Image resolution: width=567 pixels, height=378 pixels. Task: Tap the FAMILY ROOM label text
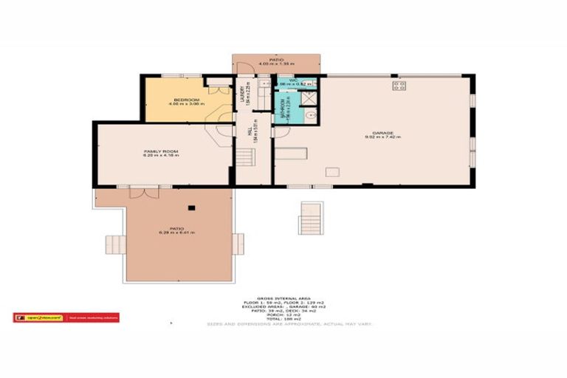pyautogui.click(x=162, y=153)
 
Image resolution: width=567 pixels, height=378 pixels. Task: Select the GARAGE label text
pyautogui.click(x=376, y=135)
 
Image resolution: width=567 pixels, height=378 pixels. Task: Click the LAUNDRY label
pyautogui.click(x=242, y=95)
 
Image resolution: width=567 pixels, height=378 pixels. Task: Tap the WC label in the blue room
pyautogui.click(x=294, y=80)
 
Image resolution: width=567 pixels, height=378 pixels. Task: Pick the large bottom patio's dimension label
pyautogui.click(x=175, y=233)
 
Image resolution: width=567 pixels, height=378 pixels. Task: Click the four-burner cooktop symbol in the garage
pyautogui.click(x=400, y=86)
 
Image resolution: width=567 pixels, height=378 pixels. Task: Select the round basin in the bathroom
pyautogui.click(x=311, y=114)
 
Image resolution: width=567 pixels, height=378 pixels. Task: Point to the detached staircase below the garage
pyautogui.click(x=310, y=217)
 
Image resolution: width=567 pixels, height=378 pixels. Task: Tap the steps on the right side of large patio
pyautogui.click(x=238, y=241)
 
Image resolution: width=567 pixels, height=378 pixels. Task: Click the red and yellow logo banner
pyautogui.click(x=66, y=318)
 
